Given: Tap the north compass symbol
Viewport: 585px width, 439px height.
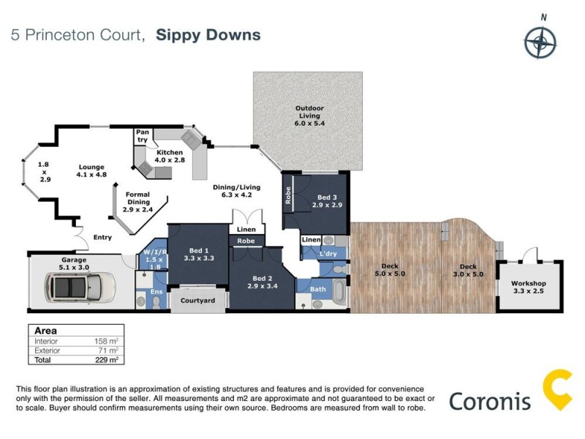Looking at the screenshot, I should [543, 41].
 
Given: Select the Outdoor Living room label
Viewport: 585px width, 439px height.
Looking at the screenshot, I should [309, 113].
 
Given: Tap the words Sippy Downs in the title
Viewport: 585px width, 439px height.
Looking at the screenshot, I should [209, 35].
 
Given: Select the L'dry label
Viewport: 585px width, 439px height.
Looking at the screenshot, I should [328, 254].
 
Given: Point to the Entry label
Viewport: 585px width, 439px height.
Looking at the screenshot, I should [102, 237].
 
